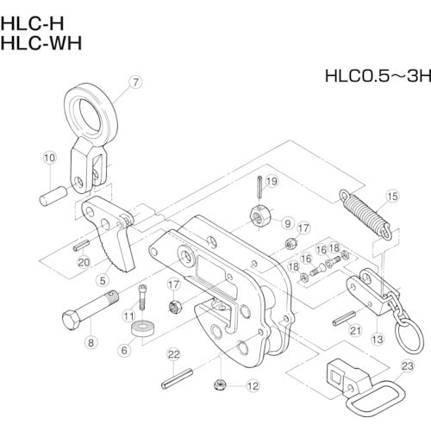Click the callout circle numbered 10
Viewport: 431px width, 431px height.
click(49, 158)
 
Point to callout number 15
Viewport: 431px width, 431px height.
click(392, 197)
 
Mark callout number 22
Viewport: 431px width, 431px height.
click(173, 354)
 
